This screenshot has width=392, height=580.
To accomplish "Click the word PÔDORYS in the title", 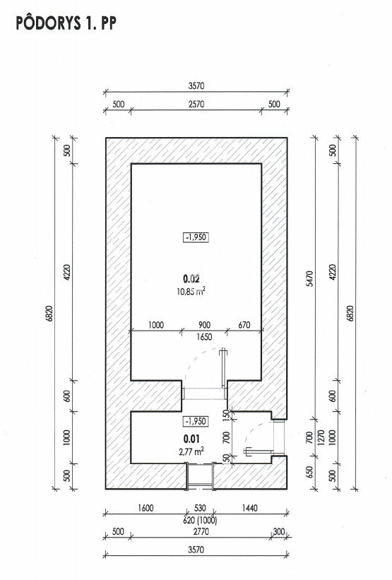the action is (x=48, y=23).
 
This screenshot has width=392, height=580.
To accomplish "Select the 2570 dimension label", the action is (x=196, y=104).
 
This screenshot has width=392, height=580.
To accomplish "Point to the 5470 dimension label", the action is (x=310, y=278).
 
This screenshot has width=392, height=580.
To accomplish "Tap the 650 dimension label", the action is (x=310, y=472).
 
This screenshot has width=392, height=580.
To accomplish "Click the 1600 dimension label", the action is (x=145, y=508).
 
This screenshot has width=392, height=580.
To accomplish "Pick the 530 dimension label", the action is (x=200, y=508).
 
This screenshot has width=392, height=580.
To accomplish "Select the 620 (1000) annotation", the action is (x=200, y=520).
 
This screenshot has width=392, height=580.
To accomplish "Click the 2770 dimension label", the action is (x=201, y=531).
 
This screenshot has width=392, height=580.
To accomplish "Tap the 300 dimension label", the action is (x=279, y=531).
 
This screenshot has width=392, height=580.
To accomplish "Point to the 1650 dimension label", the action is (x=204, y=336).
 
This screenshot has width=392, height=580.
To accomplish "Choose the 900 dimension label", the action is (x=204, y=325).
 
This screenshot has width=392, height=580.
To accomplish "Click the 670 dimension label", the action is (x=244, y=325).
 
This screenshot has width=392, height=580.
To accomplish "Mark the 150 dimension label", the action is (x=227, y=415).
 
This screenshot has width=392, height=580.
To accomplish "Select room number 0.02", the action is (x=191, y=278).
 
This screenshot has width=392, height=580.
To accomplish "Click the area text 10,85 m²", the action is (x=191, y=291).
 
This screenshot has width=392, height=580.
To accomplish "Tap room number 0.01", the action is (x=191, y=439).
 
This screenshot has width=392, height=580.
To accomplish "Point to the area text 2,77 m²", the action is (x=191, y=451).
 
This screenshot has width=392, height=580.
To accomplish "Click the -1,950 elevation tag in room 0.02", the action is (x=196, y=237).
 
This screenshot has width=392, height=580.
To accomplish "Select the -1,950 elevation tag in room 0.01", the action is (x=196, y=421).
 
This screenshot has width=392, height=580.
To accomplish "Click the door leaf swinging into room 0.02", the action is (x=223, y=369).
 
